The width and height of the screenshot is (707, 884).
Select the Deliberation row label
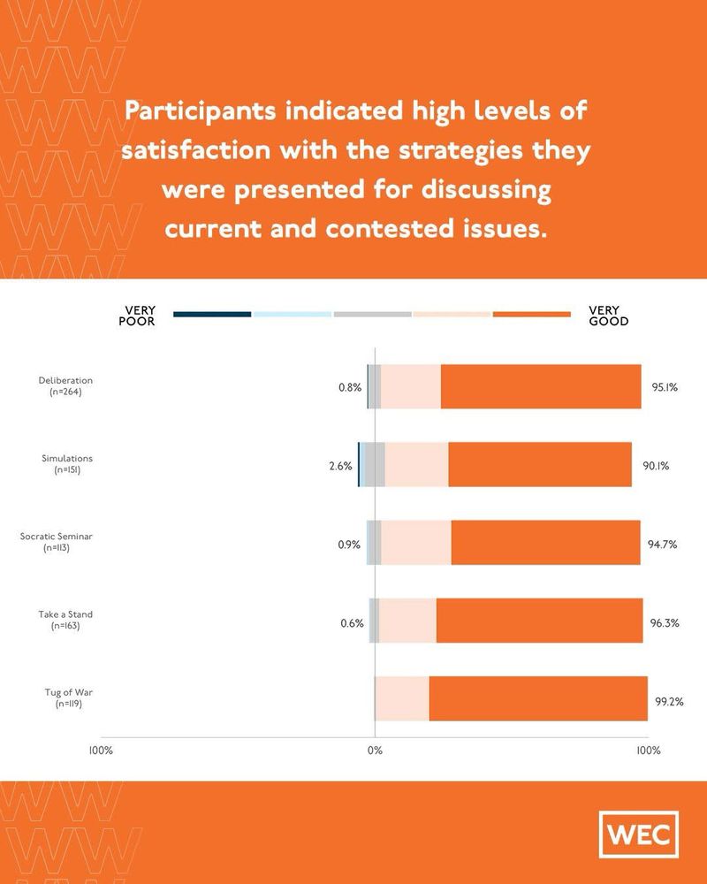(60, 385)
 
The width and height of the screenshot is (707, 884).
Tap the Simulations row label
(67, 464)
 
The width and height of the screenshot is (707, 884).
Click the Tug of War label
(69, 697)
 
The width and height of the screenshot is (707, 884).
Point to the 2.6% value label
(341, 466)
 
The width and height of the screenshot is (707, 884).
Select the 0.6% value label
(352, 622)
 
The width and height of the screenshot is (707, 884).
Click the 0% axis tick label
(375, 751)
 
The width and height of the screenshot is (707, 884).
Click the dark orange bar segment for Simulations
(539, 465)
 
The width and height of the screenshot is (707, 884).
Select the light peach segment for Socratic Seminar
(416, 543)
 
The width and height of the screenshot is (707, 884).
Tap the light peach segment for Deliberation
(411, 386)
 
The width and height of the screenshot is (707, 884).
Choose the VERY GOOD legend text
(609, 316)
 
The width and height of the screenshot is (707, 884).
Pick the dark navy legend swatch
(212, 314)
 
